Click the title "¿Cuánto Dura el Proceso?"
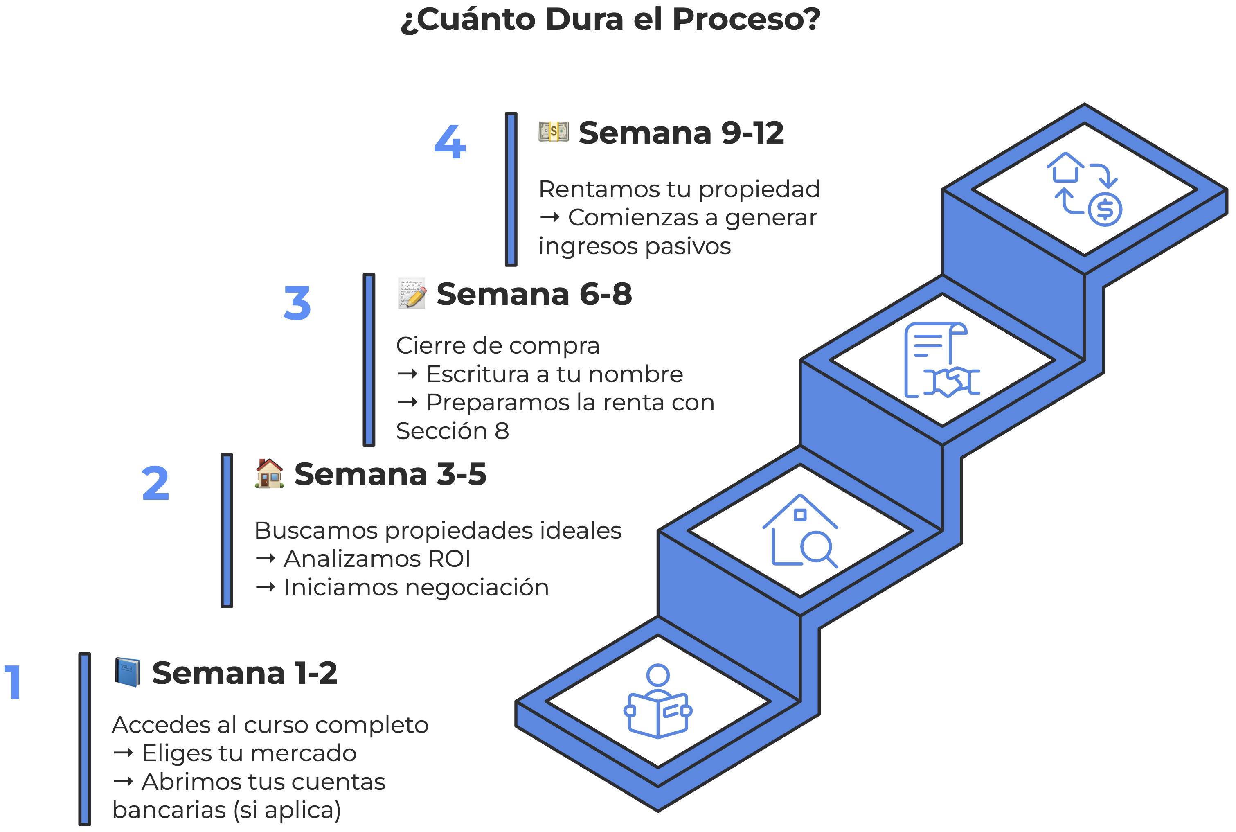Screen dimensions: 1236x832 (x=610, y=20)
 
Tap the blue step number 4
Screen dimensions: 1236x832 (x=450, y=142)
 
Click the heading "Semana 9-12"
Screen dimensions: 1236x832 (x=681, y=133)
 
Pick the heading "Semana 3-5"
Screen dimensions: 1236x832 (x=390, y=474)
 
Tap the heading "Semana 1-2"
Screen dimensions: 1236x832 (x=245, y=673)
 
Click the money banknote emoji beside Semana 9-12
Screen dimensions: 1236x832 (x=553, y=131)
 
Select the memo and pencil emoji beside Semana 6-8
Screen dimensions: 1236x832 (x=412, y=293)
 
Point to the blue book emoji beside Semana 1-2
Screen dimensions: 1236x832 (x=127, y=672)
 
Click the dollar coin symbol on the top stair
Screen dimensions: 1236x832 (x=1105, y=210)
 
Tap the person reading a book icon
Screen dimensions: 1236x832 (x=658, y=701)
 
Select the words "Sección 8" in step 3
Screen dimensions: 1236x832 (x=453, y=431)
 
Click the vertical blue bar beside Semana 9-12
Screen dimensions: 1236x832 (x=511, y=189)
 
